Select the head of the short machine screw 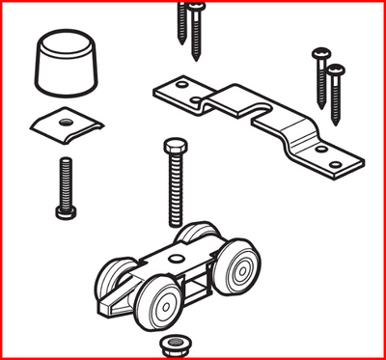coord(65,209)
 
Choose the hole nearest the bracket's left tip coord(176,92)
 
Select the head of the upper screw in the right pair coord(319,54)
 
